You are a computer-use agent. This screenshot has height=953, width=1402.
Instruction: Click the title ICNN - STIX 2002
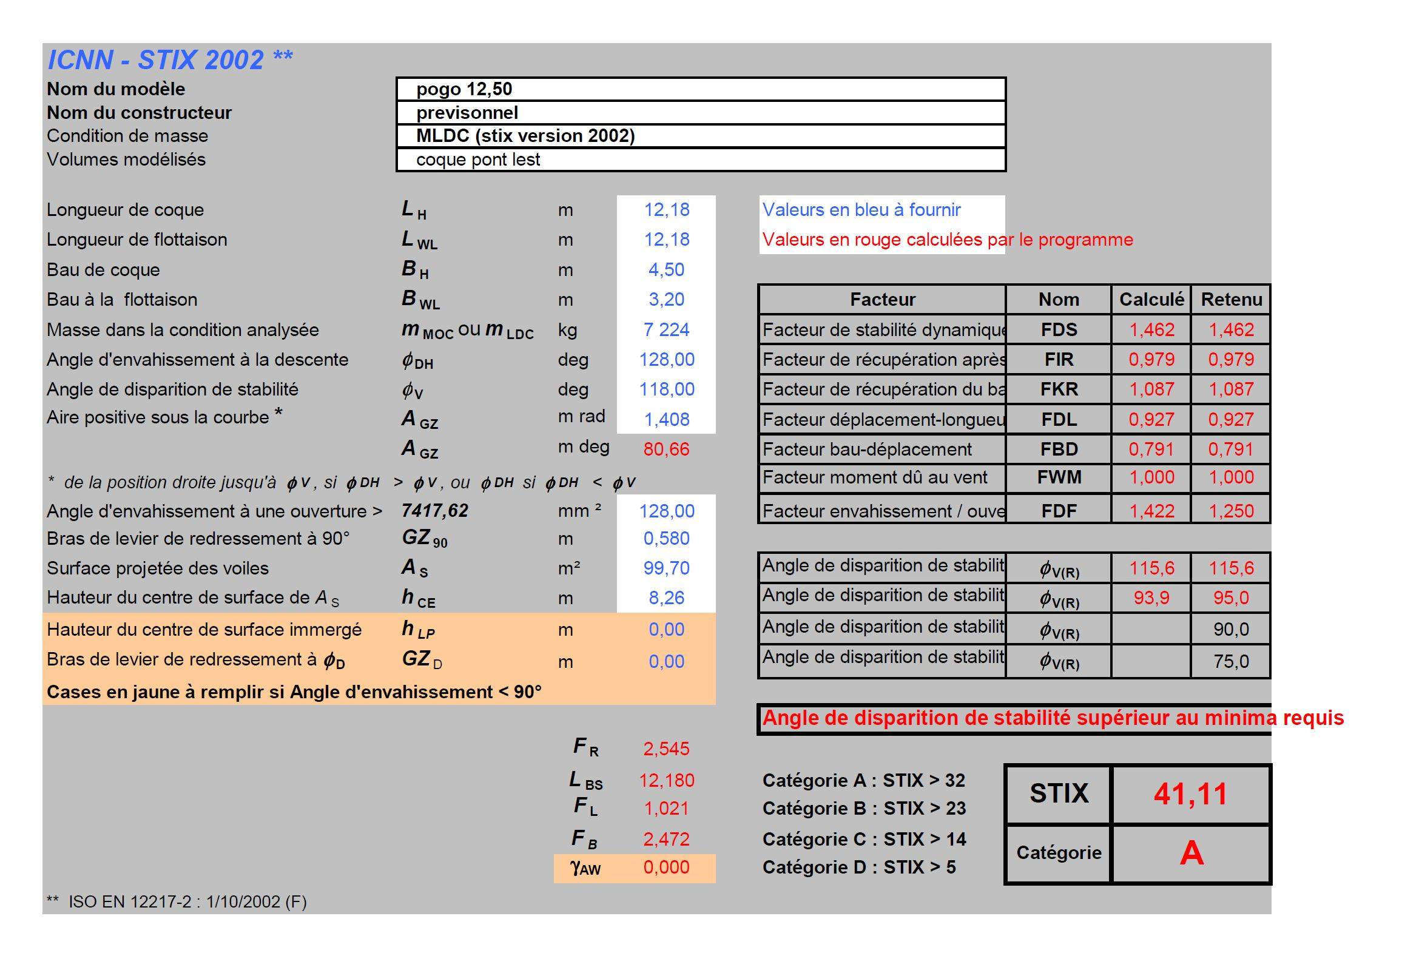pos(170,60)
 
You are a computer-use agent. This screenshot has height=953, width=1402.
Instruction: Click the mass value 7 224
pos(666,329)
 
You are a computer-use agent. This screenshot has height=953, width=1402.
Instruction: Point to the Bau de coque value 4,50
pos(666,269)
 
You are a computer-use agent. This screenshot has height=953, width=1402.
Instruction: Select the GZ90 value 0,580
pos(666,538)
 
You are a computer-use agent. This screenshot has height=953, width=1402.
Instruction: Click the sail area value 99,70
pos(666,568)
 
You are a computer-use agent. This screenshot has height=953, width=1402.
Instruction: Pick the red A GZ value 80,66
pos(666,449)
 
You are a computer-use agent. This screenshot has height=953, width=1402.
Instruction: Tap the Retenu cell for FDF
pos(1231,511)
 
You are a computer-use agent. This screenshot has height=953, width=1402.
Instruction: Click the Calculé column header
pos(1151,299)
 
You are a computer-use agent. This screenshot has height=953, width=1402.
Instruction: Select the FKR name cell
pos(1059,389)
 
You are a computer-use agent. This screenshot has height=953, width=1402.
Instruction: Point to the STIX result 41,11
pos(1190,794)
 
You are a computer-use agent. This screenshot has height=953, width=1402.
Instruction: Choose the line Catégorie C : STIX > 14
pos(864,839)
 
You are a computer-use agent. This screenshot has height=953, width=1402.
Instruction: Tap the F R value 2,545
pos(666,749)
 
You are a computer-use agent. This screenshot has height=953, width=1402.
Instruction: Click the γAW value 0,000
pos(666,867)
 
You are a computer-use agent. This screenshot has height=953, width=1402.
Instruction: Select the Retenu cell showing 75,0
pos(1231,661)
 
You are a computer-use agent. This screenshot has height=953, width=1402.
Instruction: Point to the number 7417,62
pos(435,511)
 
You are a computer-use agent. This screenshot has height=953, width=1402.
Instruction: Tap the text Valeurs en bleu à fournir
pos(861,210)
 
